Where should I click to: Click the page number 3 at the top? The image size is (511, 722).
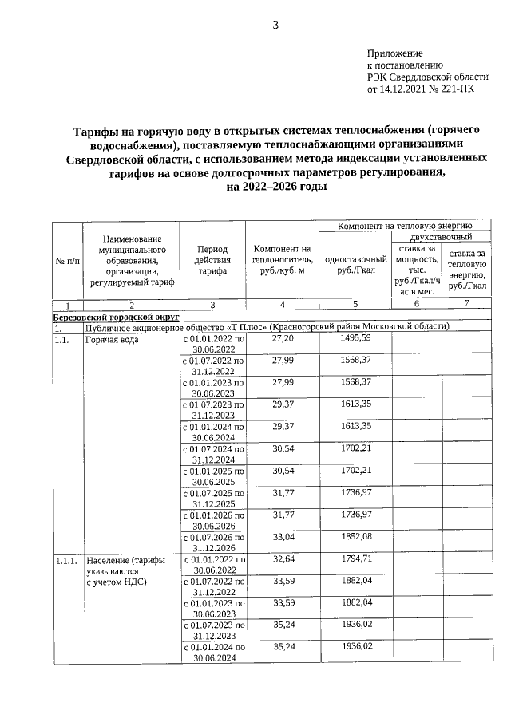pyautogui.click(x=276, y=25)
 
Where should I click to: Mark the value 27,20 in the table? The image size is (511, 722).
pyautogui.click(x=283, y=338)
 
